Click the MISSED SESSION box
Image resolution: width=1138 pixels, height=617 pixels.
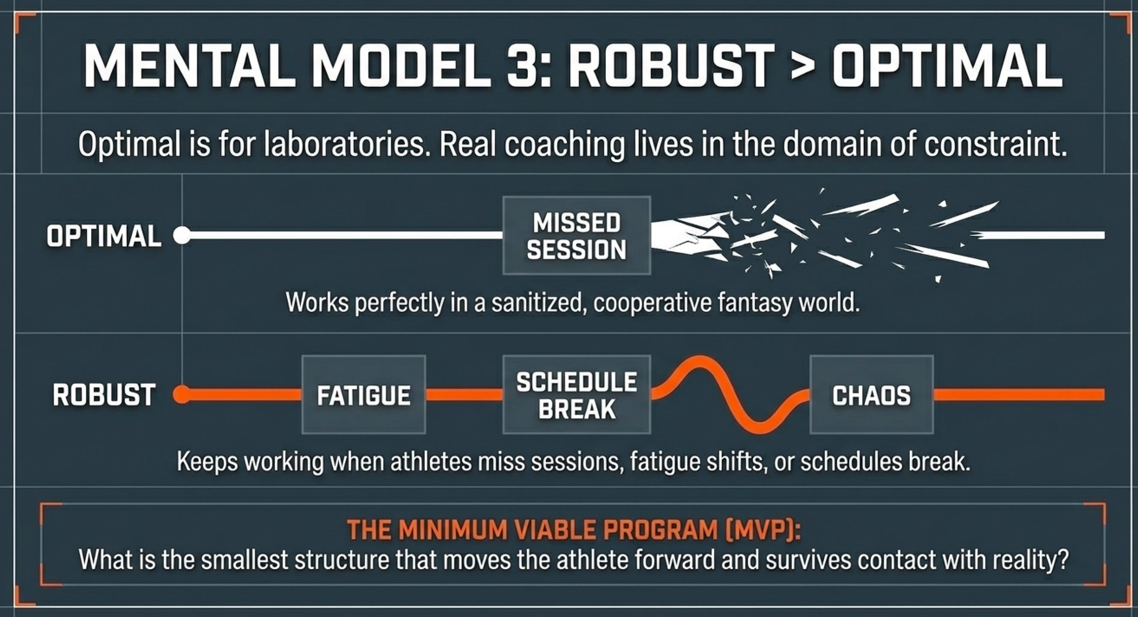(577, 236)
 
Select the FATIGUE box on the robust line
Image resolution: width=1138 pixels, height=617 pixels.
(363, 395)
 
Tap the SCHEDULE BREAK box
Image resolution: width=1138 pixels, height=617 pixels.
(577, 395)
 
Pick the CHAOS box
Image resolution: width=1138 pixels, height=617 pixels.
(872, 395)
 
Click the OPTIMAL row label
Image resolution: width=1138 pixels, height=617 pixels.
(104, 236)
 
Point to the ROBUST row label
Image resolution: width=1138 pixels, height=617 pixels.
(104, 395)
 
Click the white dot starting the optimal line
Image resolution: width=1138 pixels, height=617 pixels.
(182, 235)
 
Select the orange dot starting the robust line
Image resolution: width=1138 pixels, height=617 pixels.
(182, 394)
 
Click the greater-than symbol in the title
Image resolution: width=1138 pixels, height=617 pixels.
(803, 69)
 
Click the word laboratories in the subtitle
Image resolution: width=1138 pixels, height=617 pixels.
(344, 145)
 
